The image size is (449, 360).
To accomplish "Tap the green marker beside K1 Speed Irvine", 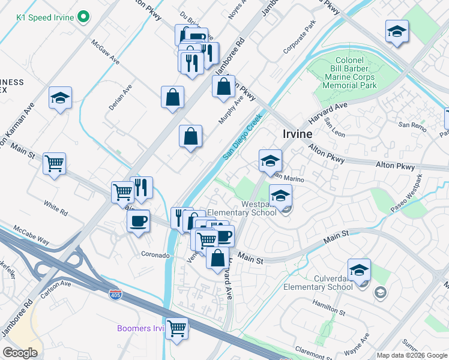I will coord(84,17).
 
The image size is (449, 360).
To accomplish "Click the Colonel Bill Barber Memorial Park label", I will coord(349,73).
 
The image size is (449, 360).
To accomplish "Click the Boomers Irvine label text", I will coord(140,328).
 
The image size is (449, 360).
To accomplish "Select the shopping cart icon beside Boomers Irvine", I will coord(176,328).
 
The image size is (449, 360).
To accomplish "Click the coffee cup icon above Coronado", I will coord(139,220).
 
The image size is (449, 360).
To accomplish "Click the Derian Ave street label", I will coord(120,97).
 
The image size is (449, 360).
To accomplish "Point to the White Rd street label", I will coord(55,206).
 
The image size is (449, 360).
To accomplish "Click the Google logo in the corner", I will coord(20,353).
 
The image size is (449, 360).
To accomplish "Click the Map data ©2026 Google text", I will coord(412,355).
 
